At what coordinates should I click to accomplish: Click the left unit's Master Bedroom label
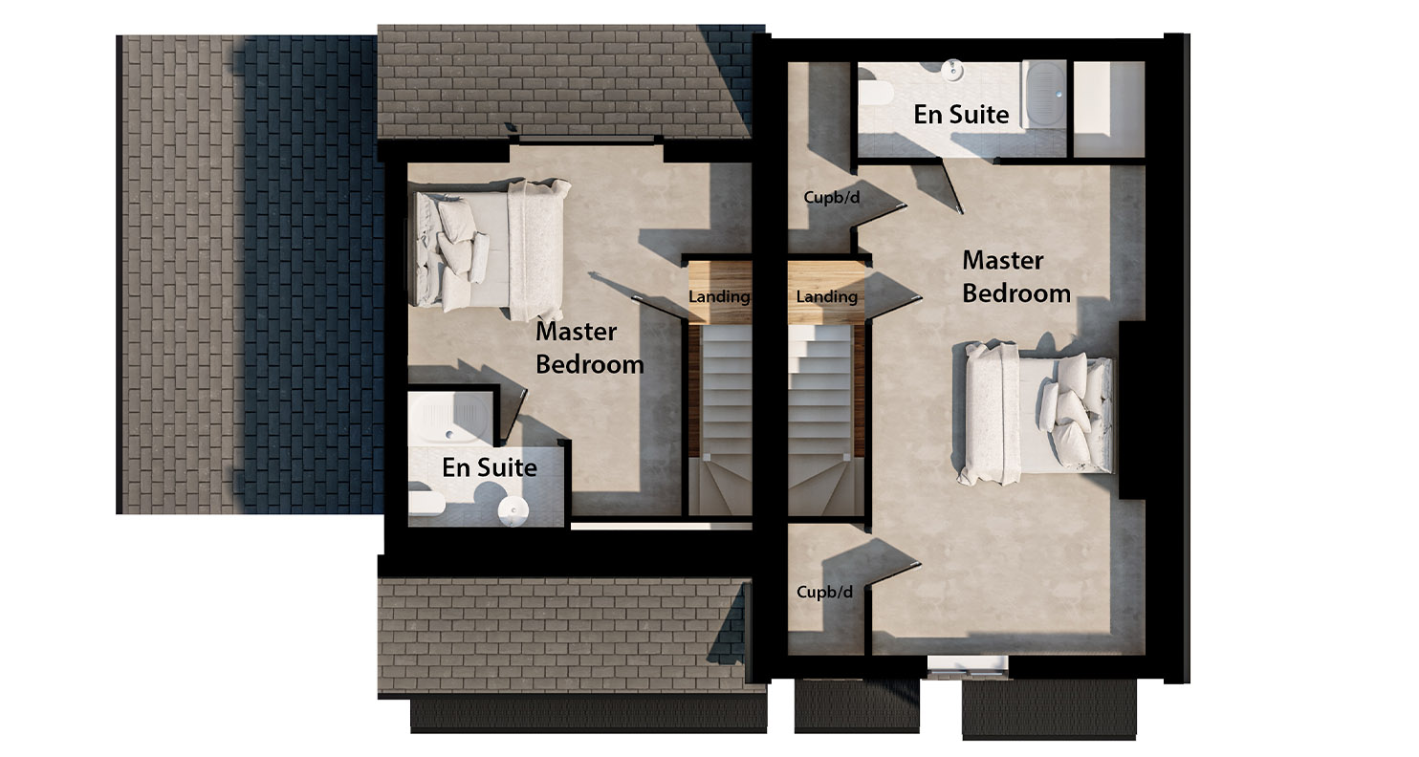(589, 348)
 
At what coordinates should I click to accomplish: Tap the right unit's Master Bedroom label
(1015, 276)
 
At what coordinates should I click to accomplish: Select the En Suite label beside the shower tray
(489, 467)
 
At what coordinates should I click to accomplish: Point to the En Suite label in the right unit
(961, 115)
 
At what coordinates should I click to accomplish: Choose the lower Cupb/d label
(824, 593)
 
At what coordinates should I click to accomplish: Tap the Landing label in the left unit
(719, 297)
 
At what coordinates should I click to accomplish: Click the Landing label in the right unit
(826, 297)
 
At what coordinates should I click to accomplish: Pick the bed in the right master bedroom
(1038, 414)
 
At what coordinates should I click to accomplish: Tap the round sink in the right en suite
(952, 69)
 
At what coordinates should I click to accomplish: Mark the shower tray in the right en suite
(1043, 94)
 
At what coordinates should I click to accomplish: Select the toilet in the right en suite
(875, 93)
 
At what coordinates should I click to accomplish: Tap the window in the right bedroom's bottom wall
(968, 666)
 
